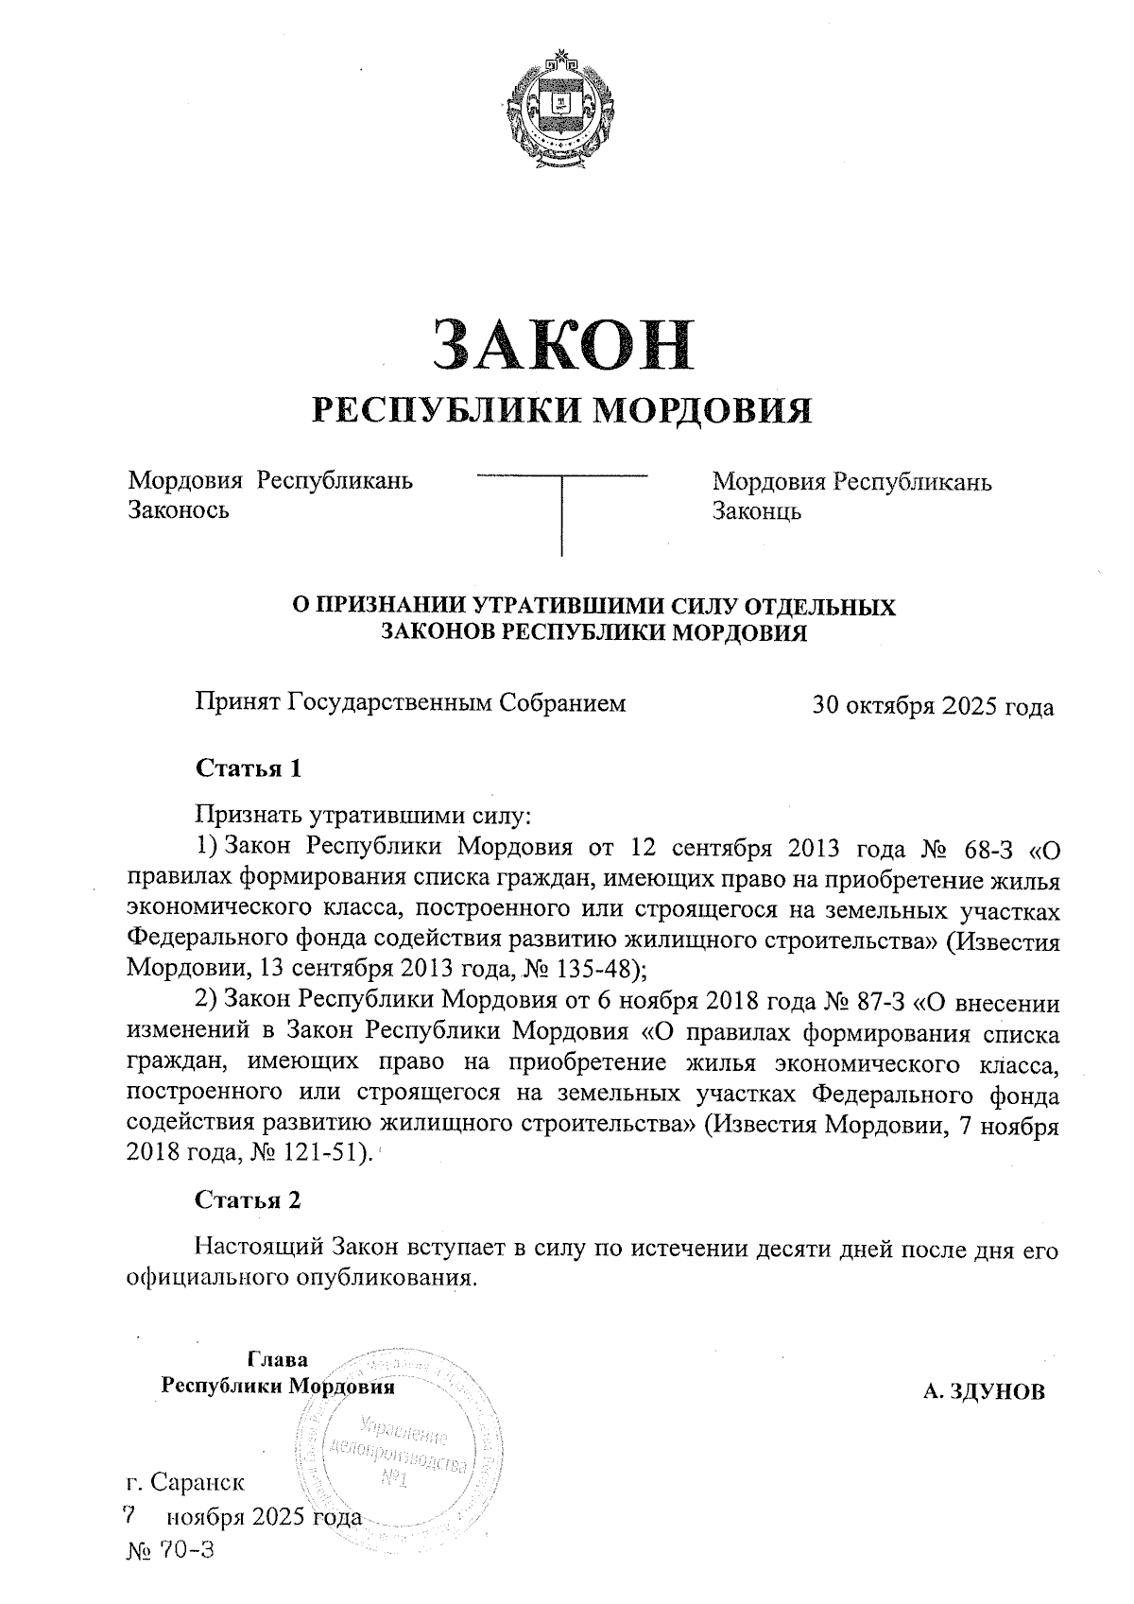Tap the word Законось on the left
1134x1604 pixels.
[x=179, y=511]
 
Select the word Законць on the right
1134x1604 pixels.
[x=757, y=511]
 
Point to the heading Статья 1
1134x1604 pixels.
[x=248, y=768]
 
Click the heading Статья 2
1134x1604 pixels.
[x=248, y=1200]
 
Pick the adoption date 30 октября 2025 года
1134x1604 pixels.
[x=933, y=706]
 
